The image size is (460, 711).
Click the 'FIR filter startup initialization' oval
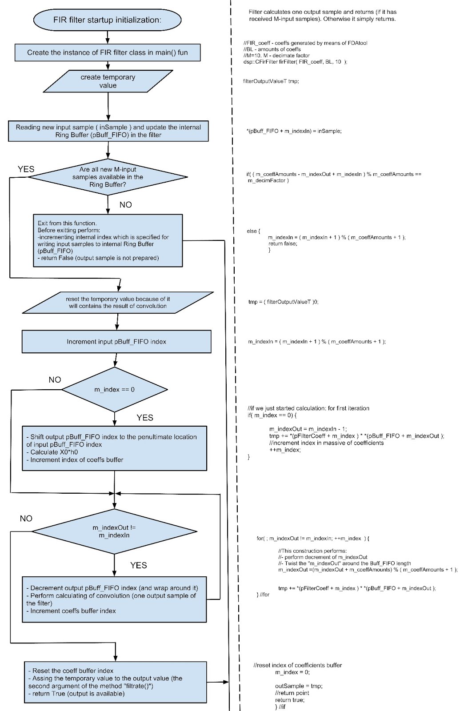click(107, 20)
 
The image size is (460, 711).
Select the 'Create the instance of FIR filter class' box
click(108, 52)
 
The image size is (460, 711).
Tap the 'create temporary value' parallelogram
click(108, 81)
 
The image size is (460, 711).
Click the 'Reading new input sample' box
click(108, 131)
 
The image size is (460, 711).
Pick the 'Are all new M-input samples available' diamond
click(108, 177)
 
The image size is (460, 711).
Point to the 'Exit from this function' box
click(108, 240)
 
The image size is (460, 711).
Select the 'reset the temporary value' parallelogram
click(118, 303)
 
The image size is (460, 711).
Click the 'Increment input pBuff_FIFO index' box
click(116, 342)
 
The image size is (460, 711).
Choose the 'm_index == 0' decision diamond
click(115, 389)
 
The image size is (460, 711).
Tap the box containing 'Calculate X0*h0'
click(114, 448)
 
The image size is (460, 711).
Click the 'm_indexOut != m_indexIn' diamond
click(114, 531)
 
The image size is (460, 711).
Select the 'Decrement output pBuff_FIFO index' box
click(114, 599)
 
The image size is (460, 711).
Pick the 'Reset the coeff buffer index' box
click(116, 682)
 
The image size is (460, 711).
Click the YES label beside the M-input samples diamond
click(26, 169)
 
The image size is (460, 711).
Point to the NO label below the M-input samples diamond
click(126, 205)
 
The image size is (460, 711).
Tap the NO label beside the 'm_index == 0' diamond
click(55, 379)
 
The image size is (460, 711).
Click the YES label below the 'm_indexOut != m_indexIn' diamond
click(139, 565)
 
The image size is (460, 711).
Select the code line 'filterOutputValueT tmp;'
click(271, 81)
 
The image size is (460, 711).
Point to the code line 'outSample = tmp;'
click(299, 686)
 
